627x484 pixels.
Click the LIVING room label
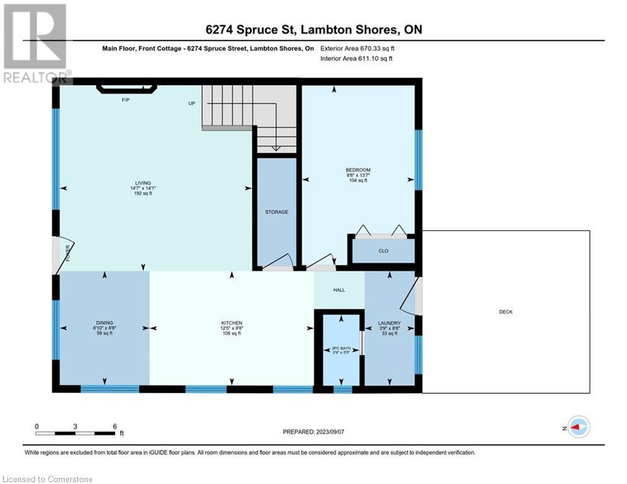pos(143,183)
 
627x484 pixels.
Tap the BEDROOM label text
pos(359,170)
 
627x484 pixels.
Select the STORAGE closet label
pos(277,212)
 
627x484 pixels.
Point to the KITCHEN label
pos(232,323)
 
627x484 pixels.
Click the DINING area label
pos(105,323)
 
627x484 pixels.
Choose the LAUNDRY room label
pos(389,323)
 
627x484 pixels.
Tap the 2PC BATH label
pos(341,349)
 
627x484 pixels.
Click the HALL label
pos(339,290)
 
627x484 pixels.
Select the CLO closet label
pos(384,251)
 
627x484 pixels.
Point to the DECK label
pos(506,311)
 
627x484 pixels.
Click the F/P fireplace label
pos(125,100)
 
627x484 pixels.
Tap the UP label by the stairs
pos(192,103)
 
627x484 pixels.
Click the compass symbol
pos(579,427)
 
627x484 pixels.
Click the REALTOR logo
pos(37,43)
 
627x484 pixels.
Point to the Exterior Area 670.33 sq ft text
pos(357,49)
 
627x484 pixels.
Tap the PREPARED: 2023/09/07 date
pos(314,432)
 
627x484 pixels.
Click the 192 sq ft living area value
pos(143,193)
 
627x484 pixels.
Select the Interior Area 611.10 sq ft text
pos(356,59)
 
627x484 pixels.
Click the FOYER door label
pos(67,253)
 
